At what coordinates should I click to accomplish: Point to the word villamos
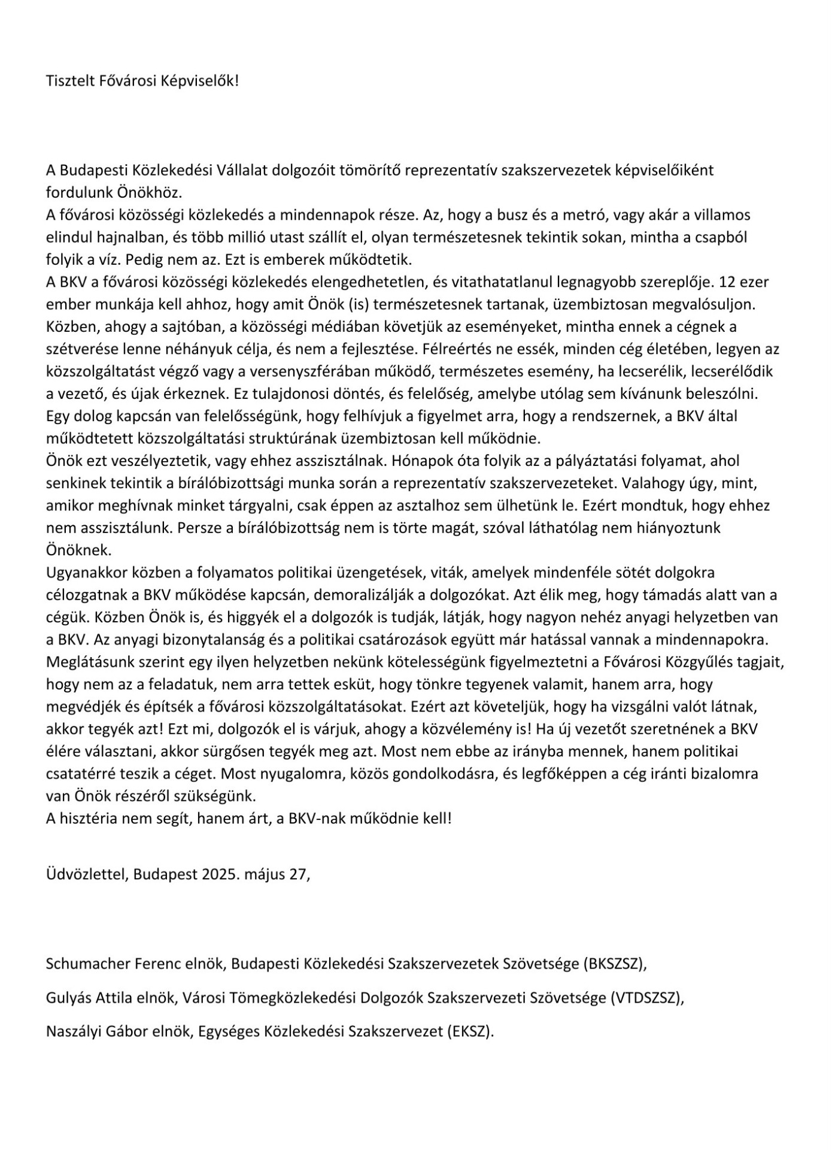[x=722, y=215]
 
